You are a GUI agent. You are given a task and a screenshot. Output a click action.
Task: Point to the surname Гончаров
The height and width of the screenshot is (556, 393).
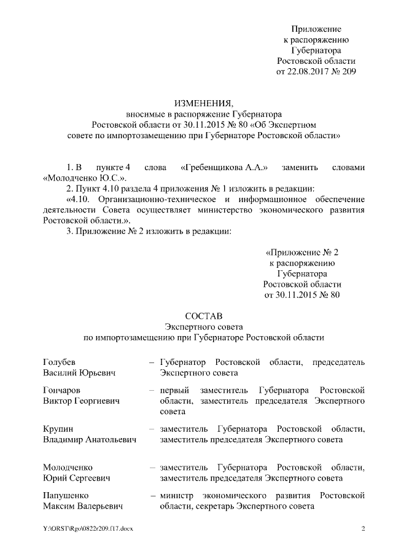(x=63, y=390)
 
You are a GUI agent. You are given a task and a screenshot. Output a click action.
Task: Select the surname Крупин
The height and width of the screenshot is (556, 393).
(x=58, y=428)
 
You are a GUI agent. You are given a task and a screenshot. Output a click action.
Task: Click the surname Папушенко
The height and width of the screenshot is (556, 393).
(x=66, y=495)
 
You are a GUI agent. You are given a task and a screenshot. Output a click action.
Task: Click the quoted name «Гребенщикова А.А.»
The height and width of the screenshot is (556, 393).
(x=224, y=167)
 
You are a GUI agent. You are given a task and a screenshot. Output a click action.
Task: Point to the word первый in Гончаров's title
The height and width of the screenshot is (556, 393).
(x=174, y=390)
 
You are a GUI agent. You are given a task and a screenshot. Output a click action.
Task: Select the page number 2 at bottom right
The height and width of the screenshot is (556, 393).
(x=363, y=529)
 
